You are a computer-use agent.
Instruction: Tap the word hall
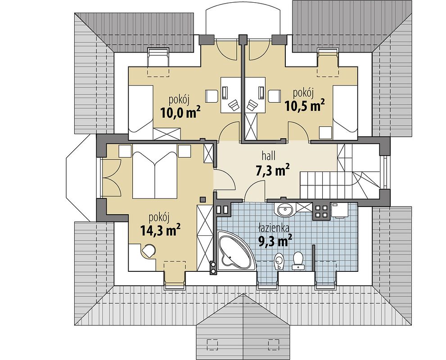pyautogui.click(x=267, y=156)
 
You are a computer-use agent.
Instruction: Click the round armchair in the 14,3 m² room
pyautogui.click(x=149, y=251)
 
